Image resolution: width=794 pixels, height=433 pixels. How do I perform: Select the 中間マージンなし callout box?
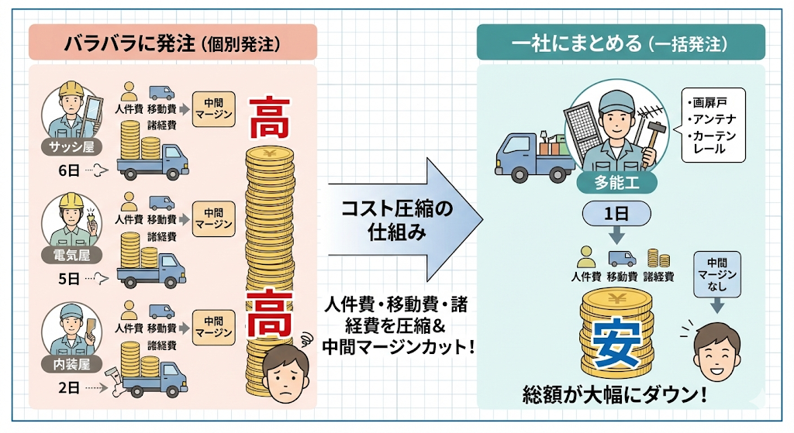(716, 276)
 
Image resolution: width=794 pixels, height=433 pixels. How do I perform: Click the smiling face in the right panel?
(716, 349)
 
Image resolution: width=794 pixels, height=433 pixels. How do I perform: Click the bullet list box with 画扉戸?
(713, 123)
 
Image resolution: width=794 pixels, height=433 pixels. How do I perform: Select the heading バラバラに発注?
(172, 42)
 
